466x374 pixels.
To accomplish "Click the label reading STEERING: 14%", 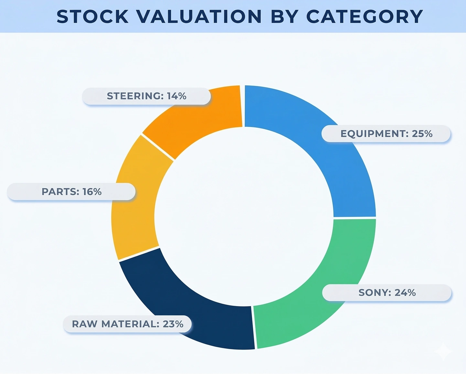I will (146, 96).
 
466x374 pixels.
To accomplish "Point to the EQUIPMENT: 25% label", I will (386, 134).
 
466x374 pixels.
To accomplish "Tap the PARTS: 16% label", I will (71, 192).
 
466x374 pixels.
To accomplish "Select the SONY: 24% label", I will (387, 293).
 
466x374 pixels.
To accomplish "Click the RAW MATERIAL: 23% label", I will (127, 324).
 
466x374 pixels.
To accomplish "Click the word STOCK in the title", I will (93, 17).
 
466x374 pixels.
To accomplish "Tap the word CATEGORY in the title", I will (364, 17).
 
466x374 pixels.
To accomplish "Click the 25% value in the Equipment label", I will (422, 134).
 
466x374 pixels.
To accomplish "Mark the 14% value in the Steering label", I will (177, 96).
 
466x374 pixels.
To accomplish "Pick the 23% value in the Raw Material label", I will (173, 324).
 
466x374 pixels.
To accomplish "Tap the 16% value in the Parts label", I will (92, 192).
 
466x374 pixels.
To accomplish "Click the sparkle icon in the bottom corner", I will (444, 352).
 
